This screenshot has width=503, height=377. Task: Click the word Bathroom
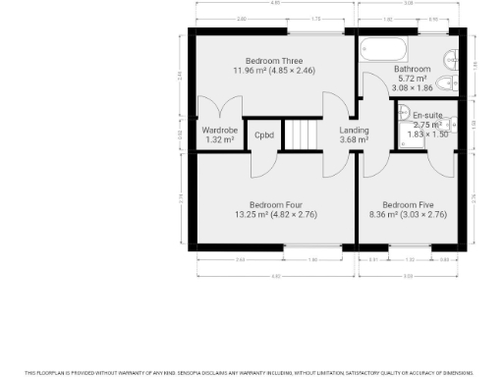click(x=411, y=69)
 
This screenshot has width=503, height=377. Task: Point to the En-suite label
click(x=426, y=116)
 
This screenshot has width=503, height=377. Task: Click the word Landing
click(x=353, y=131)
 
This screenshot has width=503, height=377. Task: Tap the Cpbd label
click(x=263, y=135)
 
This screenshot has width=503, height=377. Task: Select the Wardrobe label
click(x=219, y=131)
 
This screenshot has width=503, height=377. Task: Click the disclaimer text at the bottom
click(x=251, y=372)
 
